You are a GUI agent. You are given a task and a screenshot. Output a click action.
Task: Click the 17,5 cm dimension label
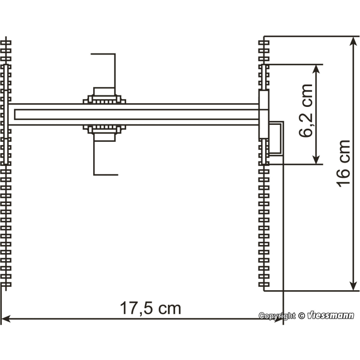150,309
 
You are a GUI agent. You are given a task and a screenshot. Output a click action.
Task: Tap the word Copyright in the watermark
277,316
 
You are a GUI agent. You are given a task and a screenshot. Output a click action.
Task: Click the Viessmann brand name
331,316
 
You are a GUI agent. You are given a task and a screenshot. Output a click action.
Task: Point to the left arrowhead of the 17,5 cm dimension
5,318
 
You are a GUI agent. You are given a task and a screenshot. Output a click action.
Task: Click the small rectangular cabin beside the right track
275,140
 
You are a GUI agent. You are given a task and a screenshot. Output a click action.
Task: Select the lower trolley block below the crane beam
104,133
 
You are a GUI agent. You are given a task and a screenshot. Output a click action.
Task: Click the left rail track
6,218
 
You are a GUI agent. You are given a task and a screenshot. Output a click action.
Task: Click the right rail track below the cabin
264,229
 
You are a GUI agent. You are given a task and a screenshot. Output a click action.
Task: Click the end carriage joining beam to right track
264,115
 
